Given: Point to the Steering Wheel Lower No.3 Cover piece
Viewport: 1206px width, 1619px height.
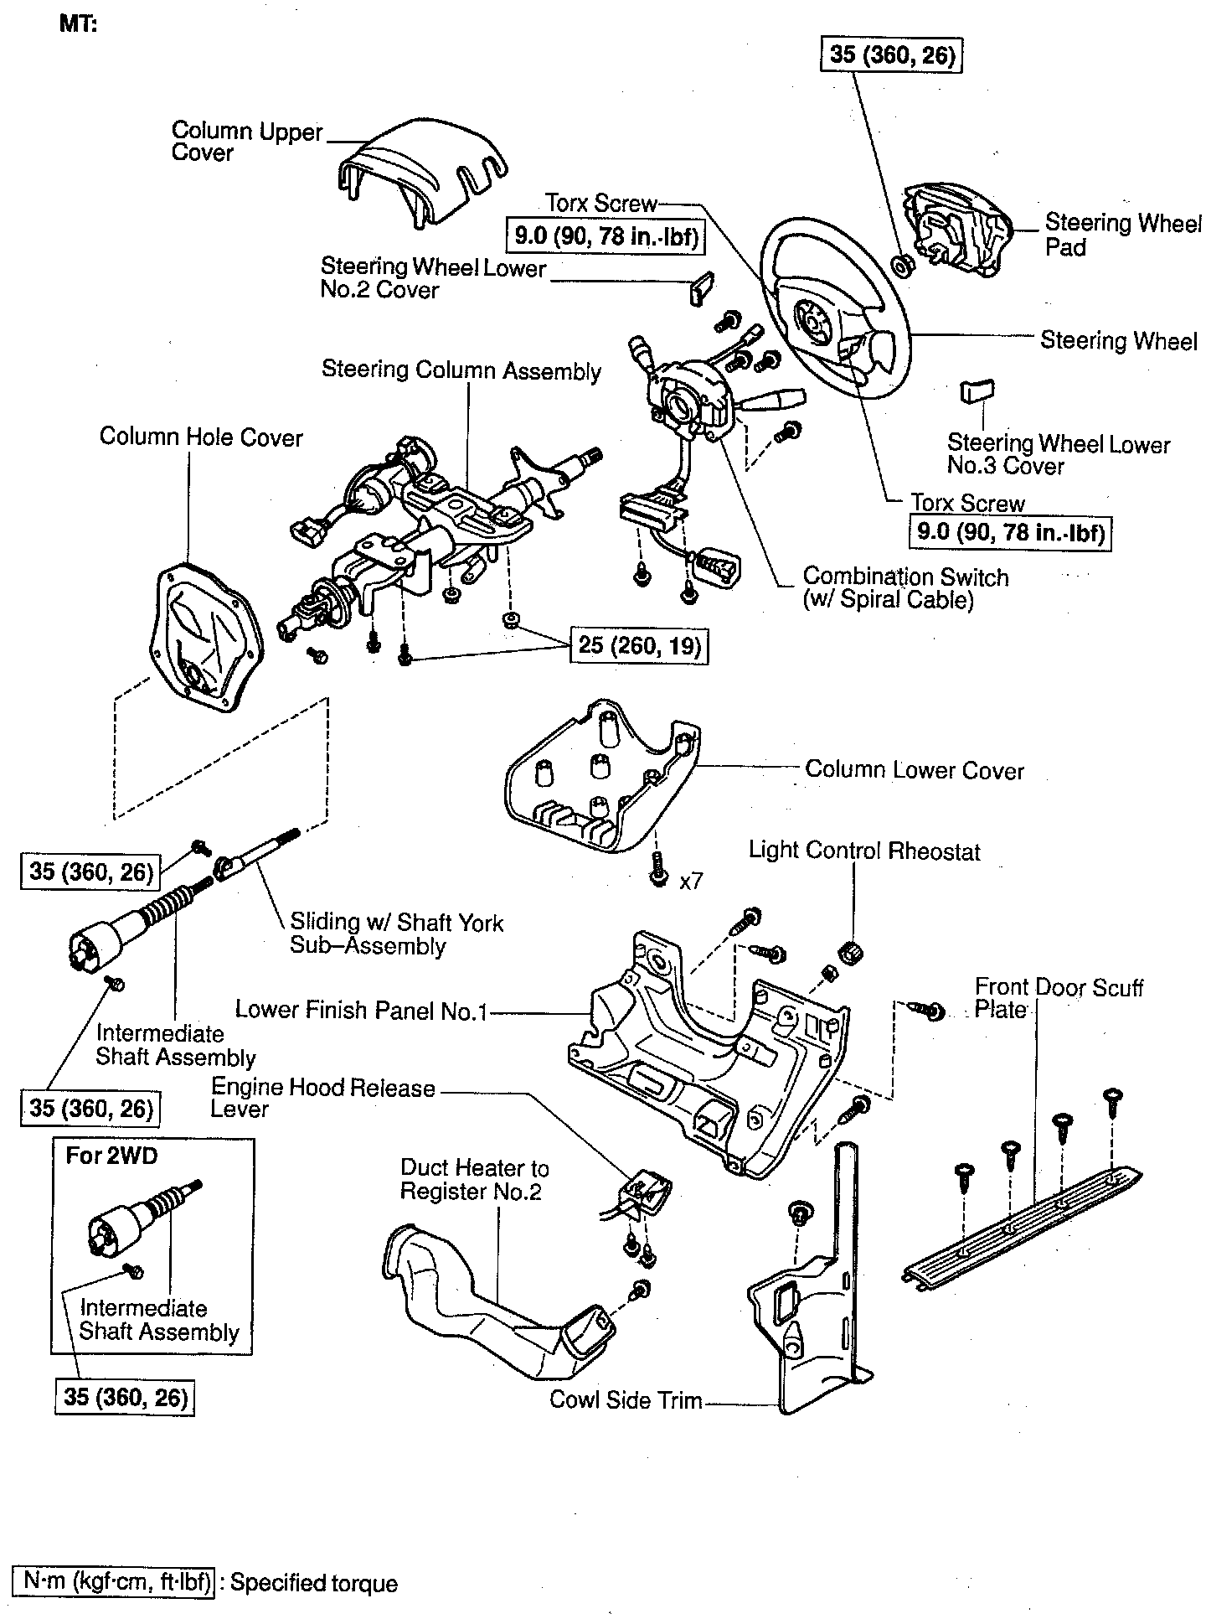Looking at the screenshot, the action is coord(977,391).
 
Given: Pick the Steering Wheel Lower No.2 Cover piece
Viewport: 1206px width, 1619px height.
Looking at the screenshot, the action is coord(701,287).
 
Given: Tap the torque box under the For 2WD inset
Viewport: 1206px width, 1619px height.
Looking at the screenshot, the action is coord(126,1399).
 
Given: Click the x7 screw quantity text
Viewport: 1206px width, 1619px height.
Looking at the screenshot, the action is coord(692,881).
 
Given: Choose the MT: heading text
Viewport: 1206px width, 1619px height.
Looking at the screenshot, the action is coord(78,24).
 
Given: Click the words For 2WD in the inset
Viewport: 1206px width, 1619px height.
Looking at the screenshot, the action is coord(111,1156).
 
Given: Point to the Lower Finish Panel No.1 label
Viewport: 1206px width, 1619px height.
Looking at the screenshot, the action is coord(362,1011).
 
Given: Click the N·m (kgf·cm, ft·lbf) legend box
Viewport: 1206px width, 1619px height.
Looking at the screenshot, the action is coord(116,1582).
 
